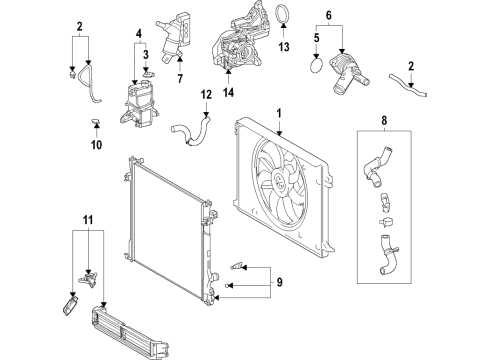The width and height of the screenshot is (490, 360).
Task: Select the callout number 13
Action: click(x=283, y=47)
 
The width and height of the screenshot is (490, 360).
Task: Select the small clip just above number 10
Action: click(x=95, y=122)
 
